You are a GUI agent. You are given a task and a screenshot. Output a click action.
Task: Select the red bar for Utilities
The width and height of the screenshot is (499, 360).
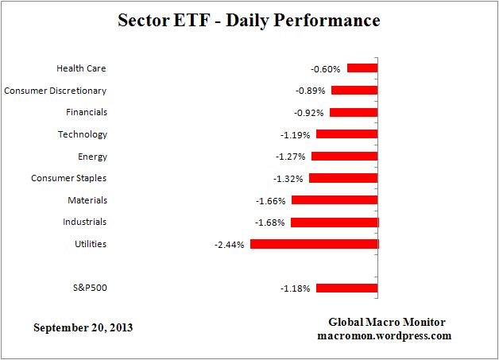coord(314,244)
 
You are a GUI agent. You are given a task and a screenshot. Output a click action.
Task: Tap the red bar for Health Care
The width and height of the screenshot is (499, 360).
coord(362,68)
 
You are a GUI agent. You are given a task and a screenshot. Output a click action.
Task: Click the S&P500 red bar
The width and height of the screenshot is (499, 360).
coord(346,288)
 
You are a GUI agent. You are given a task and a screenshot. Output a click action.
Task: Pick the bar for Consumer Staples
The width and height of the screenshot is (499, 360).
coord(343,178)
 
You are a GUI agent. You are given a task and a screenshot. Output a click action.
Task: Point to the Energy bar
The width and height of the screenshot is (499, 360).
coord(344,157)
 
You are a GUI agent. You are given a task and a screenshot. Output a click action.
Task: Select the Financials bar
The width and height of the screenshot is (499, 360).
coord(354,112)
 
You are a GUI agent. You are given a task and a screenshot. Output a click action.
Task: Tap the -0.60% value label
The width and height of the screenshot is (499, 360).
coord(326,68)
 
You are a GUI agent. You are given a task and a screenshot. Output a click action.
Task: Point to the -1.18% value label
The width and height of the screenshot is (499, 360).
coord(294,288)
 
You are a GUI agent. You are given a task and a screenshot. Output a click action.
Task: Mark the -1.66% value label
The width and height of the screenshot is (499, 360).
coord(270,200)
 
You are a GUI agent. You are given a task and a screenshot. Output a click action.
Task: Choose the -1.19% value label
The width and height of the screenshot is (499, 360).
coord(294,134)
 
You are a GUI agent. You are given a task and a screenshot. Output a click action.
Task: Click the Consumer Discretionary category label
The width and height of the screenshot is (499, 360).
coord(56,91)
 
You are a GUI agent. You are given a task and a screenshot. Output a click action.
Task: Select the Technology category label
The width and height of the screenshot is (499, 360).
coord(82,134)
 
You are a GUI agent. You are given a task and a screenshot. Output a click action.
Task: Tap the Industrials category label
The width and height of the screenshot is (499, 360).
coord(84,222)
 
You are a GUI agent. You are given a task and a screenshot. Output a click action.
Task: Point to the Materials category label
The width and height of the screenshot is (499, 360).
coord(86,200)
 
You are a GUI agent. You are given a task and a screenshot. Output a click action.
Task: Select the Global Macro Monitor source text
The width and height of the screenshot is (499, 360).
coord(387,322)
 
